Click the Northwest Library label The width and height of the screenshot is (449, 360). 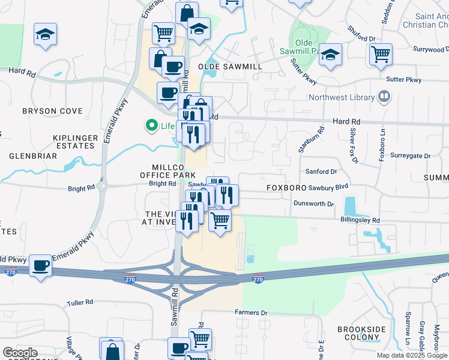click(x=341, y=97)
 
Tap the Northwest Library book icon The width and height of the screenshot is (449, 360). click(x=384, y=97)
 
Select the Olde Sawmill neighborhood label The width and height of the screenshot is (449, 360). click(x=225, y=67)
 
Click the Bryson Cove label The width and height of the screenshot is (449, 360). click(x=52, y=111)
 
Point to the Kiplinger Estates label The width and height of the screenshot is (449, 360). click(x=75, y=142)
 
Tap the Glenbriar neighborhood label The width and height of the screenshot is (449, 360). click(x=33, y=156)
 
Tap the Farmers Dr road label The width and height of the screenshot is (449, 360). click(x=250, y=313)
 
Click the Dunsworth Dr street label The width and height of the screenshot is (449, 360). click(x=313, y=204)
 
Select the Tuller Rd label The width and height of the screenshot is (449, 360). click(x=80, y=303)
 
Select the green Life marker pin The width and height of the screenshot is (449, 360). click(x=151, y=126)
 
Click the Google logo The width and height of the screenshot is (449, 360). click(x=20, y=353)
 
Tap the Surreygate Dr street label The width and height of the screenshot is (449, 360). click(x=411, y=156)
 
